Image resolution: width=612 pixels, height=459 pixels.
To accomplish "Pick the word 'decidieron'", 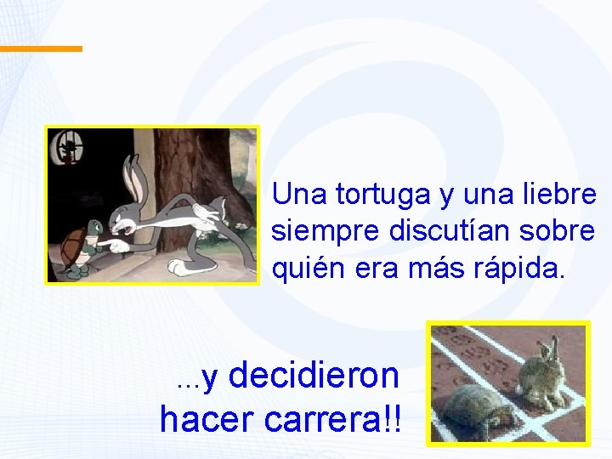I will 314,375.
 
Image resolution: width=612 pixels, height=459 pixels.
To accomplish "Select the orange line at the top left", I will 41,48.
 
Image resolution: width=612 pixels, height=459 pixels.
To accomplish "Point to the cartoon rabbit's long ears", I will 134,174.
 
